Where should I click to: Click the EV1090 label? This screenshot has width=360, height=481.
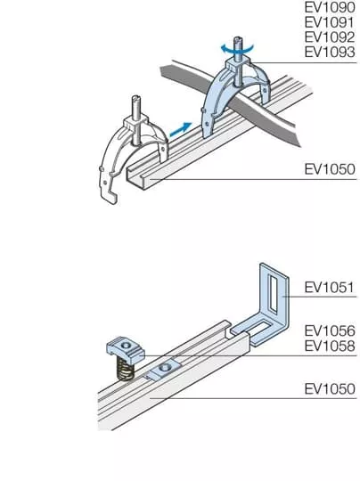pyautogui.click(x=330, y=8)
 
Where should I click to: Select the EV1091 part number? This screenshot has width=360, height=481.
pyautogui.click(x=330, y=22)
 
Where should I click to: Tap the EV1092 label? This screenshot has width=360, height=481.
pyautogui.click(x=330, y=37)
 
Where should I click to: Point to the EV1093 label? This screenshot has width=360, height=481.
pyautogui.click(x=330, y=52)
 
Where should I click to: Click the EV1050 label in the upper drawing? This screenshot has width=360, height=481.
pyautogui.click(x=330, y=169)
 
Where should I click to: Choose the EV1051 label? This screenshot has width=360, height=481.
pyautogui.click(x=330, y=288)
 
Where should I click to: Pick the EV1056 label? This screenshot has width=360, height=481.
pyautogui.click(x=330, y=330)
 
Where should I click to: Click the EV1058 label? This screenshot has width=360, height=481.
pyautogui.click(x=330, y=346)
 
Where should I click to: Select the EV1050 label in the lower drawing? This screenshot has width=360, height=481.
pyautogui.click(x=330, y=389)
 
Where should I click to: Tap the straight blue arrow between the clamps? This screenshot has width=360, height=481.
pyautogui.click(x=181, y=129)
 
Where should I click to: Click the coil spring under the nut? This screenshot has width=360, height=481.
pyautogui.click(x=126, y=369)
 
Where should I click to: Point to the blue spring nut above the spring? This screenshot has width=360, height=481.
pyautogui.click(x=126, y=350)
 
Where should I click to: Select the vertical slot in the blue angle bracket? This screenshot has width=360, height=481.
pyautogui.click(x=273, y=292)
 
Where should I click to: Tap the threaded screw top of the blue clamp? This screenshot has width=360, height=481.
pyautogui.click(x=239, y=48)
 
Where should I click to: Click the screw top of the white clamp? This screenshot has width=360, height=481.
pyautogui.click(x=136, y=108)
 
